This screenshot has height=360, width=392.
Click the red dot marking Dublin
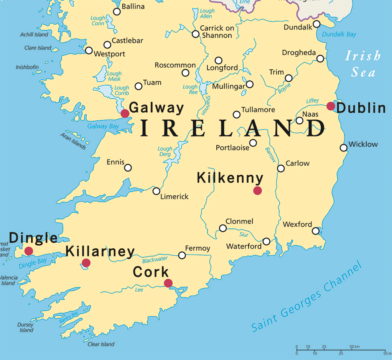click(x=331, y=106)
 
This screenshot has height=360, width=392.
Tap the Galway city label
click(x=156, y=108)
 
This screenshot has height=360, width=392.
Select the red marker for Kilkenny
click(x=257, y=191)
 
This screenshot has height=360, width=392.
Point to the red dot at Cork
click(x=168, y=283)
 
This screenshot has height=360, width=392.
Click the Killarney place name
click(x=100, y=252)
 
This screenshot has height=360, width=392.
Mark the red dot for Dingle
click(x=29, y=251)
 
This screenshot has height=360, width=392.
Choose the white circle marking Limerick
click(x=156, y=191)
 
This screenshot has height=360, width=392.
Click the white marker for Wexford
click(x=316, y=231)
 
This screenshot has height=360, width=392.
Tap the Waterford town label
click(x=244, y=247)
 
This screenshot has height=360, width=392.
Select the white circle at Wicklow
click(x=344, y=148)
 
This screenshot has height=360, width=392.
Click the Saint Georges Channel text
click(x=307, y=297)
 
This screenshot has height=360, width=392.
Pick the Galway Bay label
click(x=103, y=126)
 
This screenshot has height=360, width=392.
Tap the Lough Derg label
click(x=165, y=151)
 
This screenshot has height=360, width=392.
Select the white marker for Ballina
click(x=117, y=12)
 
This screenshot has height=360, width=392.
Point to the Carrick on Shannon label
click(x=217, y=32)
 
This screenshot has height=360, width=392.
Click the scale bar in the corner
click(x=341, y=350)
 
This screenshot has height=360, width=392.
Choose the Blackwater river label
click(x=155, y=260)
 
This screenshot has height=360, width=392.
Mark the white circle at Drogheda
click(x=320, y=59)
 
